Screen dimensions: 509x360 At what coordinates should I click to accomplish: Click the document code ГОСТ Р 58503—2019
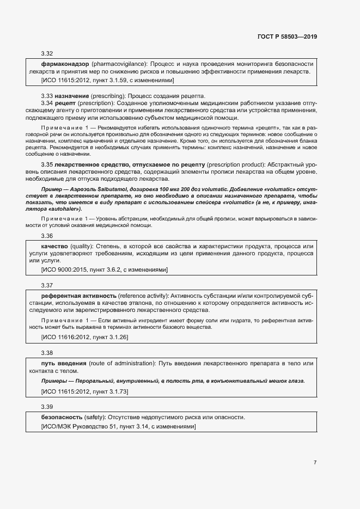286,37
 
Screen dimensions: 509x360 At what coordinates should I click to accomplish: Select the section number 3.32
47,54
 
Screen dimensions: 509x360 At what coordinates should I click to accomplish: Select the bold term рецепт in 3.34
66,103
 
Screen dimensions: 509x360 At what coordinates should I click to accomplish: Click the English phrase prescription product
235,164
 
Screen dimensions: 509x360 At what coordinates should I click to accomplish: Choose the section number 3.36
47,236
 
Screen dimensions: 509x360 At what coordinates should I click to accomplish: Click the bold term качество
54,246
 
